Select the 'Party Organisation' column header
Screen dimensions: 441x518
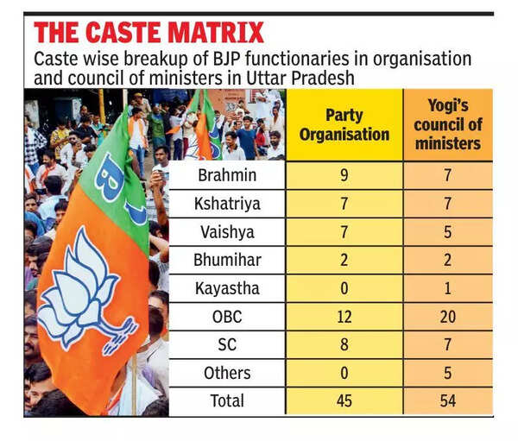tap(344, 124)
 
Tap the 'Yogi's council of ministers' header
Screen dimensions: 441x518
tap(447, 124)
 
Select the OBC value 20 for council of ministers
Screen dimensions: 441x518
tap(447, 317)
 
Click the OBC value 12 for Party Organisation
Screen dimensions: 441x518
tap(344, 317)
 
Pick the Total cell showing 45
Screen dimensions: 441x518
tap(344, 401)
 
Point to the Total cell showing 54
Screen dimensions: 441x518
tap(447, 401)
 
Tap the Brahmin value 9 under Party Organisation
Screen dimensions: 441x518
tap(344, 176)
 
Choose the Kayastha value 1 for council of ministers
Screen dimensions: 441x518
tap(447, 288)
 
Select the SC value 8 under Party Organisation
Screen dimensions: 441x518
tap(344, 345)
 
